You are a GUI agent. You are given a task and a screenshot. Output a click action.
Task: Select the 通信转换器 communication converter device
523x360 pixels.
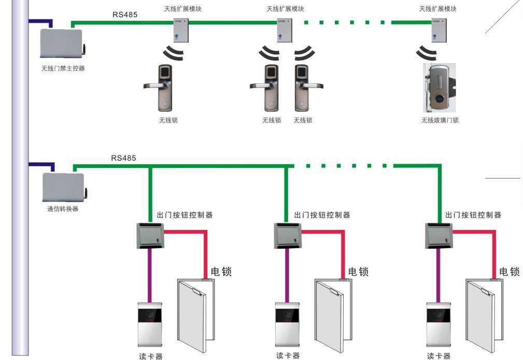[x=63, y=188]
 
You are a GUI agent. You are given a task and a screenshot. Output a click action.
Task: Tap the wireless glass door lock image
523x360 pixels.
[x=439, y=88]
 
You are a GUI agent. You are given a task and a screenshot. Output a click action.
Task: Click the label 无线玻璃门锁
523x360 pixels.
[x=440, y=120]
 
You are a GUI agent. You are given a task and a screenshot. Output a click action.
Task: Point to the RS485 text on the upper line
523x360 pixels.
[x=125, y=15]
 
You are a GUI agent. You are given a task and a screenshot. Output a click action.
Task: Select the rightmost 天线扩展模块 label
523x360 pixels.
[x=438, y=9]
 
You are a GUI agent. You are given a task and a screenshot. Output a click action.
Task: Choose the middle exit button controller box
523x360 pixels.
[x=287, y=236]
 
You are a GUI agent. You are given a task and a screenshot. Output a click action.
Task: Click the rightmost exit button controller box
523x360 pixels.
[x=439, y=236]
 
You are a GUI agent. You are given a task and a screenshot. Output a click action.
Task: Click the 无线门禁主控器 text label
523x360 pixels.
[x=63, y=68]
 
